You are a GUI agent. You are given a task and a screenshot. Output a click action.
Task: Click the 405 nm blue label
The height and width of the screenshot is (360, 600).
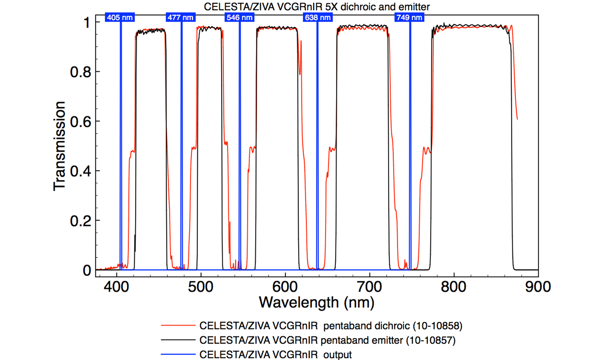coord(120,17)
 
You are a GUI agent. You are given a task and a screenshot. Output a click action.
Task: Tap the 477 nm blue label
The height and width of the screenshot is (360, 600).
coord(180,17)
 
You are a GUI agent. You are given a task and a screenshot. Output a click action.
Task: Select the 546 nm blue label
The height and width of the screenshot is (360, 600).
coord(239,17)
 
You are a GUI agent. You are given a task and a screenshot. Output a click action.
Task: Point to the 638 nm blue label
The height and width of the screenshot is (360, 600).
coord(318,17)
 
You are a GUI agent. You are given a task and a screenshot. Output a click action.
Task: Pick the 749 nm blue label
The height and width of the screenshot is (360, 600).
coord(409,17)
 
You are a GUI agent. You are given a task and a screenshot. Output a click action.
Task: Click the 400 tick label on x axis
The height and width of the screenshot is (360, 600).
coord(116,287)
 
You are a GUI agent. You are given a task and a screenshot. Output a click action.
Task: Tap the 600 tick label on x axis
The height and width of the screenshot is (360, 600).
coord(285,287)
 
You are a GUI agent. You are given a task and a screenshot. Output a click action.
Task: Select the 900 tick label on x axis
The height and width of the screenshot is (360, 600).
coord(538,287)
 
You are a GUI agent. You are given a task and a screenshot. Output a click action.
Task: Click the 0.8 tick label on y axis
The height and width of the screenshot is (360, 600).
coord(81,72)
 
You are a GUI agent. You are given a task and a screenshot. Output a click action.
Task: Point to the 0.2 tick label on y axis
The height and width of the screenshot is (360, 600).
coord(81,221)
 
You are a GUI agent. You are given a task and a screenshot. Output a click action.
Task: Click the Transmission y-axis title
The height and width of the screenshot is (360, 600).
coord(59,146)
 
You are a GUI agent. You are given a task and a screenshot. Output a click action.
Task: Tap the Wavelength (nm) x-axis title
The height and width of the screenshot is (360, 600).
coord(317,303)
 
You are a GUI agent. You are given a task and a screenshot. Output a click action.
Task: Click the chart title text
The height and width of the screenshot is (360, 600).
coord(317,7)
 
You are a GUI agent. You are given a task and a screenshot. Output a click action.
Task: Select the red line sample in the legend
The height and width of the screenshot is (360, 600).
coord(178,325)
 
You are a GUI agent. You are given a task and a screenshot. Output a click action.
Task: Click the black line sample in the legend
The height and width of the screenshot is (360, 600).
coord(178,340)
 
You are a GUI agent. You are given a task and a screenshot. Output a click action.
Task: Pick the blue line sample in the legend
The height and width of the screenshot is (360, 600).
coord(178,354)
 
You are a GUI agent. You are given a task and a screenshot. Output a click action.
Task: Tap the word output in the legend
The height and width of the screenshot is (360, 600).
coord(337,355)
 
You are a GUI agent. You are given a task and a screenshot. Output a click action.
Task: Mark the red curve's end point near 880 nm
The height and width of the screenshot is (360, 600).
coord(517,119)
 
